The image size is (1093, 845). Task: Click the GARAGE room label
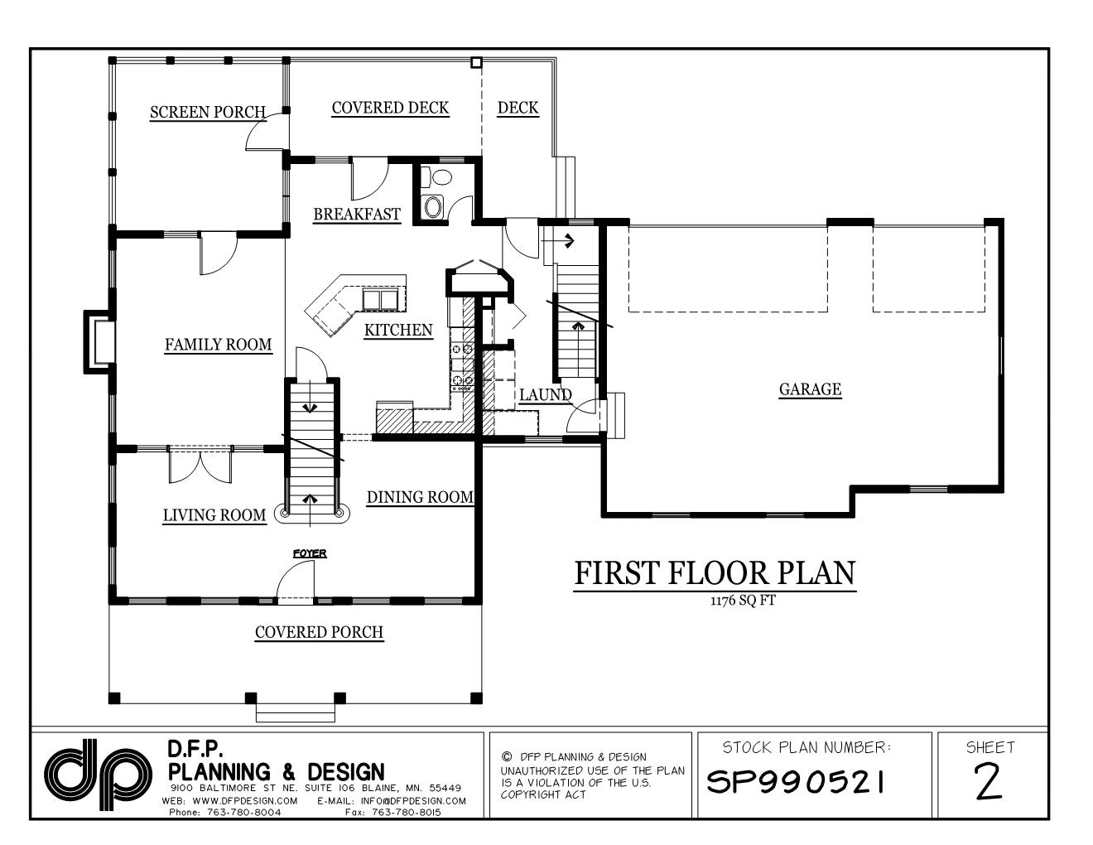[x=810, y=389]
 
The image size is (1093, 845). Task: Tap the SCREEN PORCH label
[x=208, y=112]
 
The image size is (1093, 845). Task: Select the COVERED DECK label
[x=390, y=108]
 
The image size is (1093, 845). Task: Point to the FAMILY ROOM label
[x=218, y=345]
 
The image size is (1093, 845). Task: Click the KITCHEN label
[x=398, y=331]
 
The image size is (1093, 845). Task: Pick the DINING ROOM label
[x=420, y=497]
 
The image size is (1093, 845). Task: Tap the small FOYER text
[x=310, y=553]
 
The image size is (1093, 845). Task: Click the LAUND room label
[x=545, y=395]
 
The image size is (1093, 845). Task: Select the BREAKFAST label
[x=357, y=215]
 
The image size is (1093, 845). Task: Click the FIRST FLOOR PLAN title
[x=715, y=573]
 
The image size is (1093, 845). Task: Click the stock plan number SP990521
[x=796, y=781]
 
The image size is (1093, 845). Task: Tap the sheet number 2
[x=989, y=782]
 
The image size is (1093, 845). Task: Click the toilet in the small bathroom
[x=432, y=206]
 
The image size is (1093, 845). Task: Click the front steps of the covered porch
[x=296, y=711]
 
